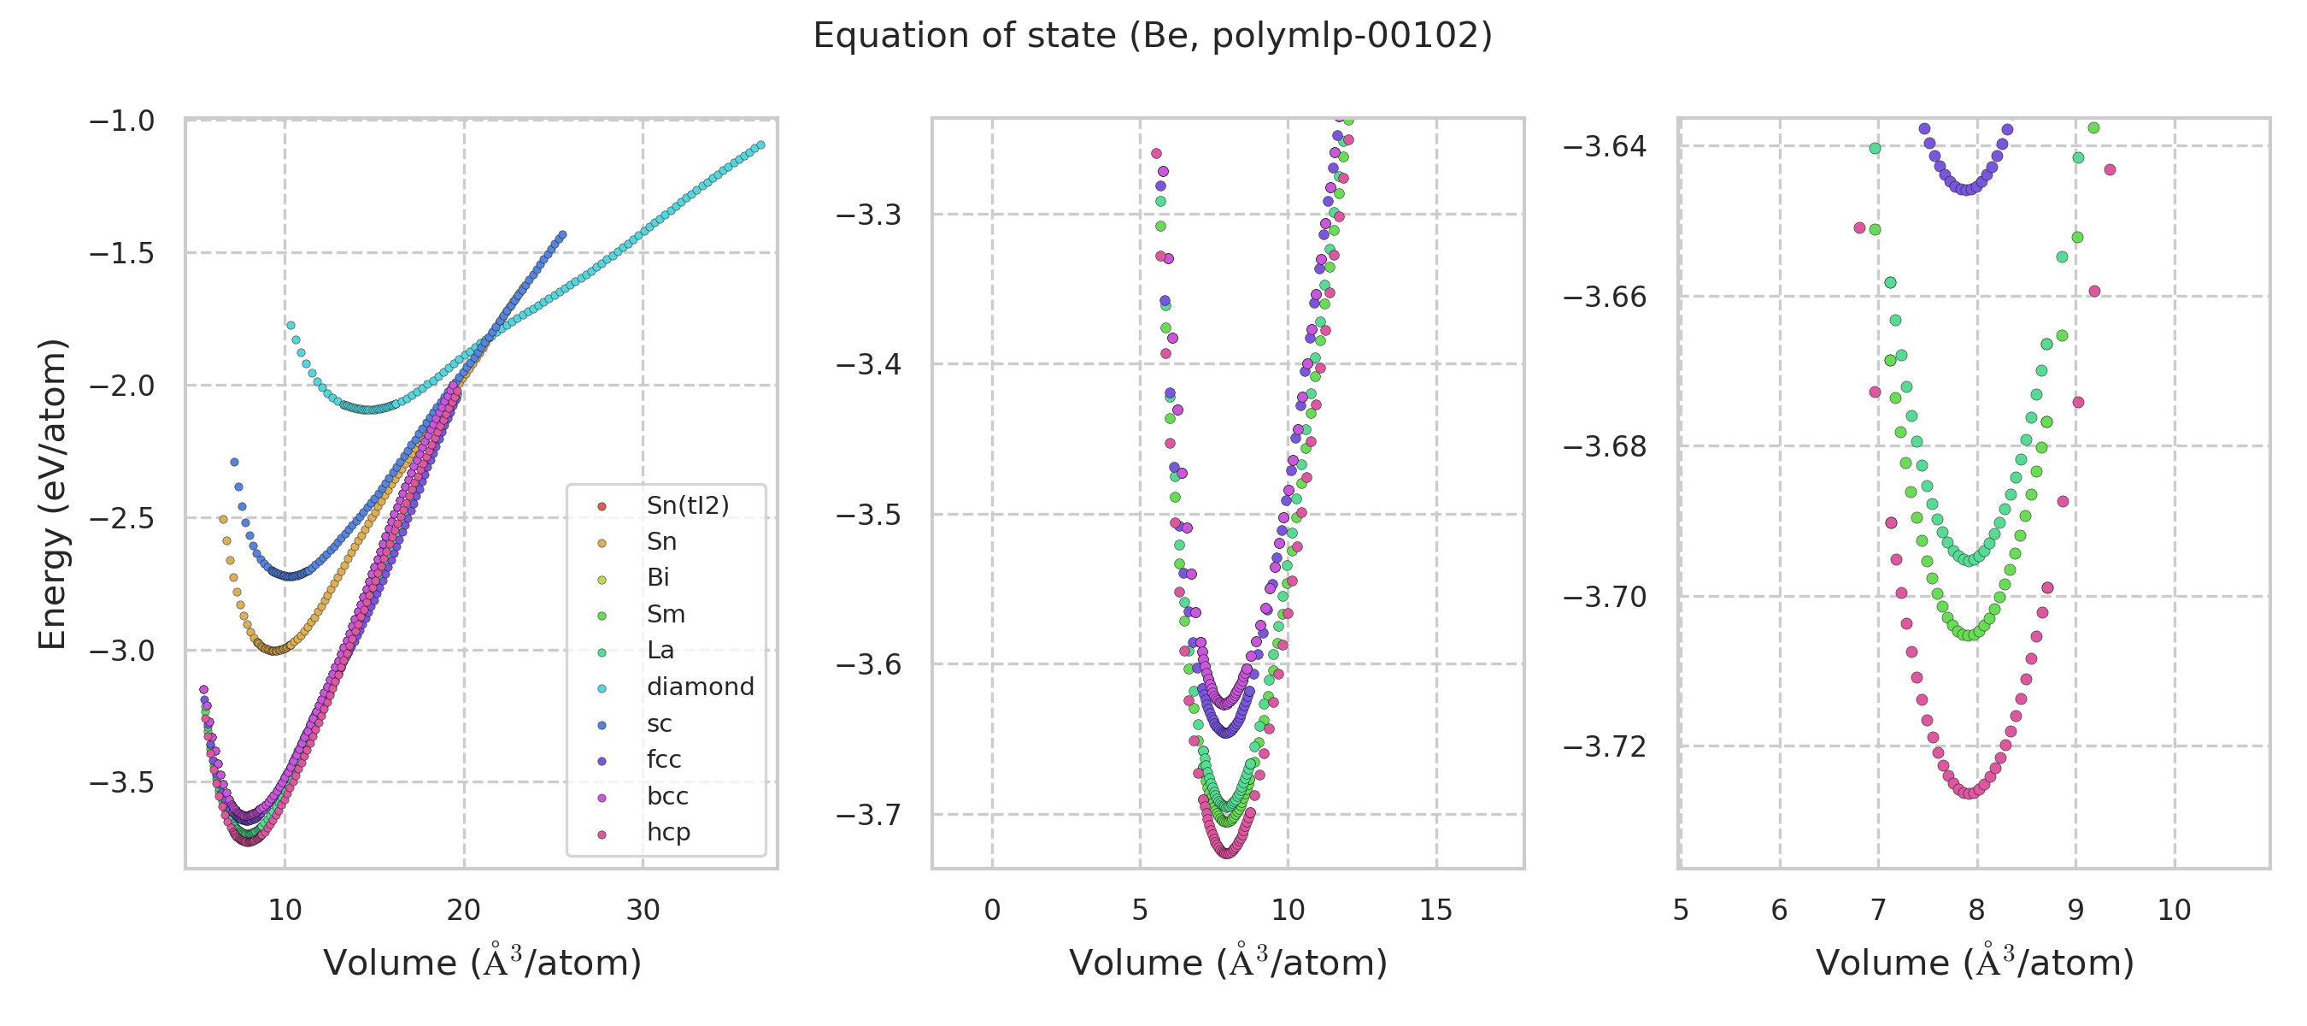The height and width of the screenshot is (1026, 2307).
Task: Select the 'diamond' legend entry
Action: [x=700, y=687]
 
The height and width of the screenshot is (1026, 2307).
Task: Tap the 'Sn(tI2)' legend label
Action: [x=687, y=505]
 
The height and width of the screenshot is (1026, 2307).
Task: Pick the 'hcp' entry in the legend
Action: [x=668, y=833]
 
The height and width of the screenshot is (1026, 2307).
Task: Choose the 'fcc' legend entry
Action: [x=664, y=760]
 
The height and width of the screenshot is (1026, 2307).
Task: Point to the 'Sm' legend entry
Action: [x=666, y=615]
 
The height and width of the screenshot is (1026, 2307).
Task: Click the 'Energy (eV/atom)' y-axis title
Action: [x=52, y=493]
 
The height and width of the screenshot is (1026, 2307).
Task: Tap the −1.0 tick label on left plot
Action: [x=122, y=121]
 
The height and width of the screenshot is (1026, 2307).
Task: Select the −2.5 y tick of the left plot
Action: [x=122, y=519]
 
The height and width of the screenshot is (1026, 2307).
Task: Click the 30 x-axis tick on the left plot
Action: [x=643, y=911]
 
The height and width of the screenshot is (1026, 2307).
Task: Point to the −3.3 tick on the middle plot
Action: [x=868, y=215]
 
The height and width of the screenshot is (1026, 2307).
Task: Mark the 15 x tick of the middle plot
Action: [x=1435, y=911]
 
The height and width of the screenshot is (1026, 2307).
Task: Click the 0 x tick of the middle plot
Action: [x=991, y=911]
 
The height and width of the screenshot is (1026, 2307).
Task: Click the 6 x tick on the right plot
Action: [x=1779, y=911]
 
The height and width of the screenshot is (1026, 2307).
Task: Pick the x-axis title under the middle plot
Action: [x=1228, y=964]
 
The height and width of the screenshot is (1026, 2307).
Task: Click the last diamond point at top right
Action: [x=761, y=145]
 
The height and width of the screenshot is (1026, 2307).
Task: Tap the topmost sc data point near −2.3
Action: [x=235, y=463]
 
